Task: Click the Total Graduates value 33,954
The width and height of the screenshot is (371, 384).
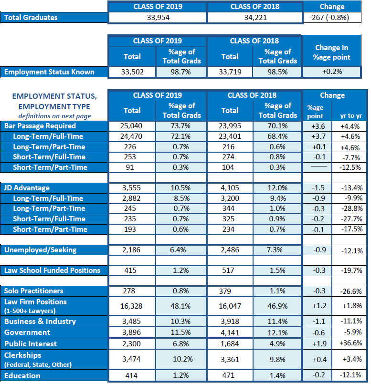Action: point(158,18)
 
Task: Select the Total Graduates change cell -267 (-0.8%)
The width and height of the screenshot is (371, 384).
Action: point(329,18)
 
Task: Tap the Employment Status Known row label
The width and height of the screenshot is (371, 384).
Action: point(49,72)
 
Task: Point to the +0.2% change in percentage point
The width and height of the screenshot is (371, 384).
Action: point(332,72)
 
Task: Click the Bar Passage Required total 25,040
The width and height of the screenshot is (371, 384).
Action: point(131,126)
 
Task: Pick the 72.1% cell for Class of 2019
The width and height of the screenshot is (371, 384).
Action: point(180,136)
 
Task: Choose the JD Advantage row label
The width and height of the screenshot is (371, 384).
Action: point(27,188)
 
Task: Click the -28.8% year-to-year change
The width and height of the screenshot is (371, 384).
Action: point(352,208)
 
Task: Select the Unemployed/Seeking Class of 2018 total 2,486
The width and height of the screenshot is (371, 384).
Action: point(230,250)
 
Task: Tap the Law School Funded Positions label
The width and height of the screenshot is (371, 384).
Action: point(52,270)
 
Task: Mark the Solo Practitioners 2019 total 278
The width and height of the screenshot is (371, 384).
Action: point(129,291)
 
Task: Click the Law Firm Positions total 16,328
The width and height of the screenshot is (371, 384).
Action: point(131,306)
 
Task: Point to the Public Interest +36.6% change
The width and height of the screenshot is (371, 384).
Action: point(350,343)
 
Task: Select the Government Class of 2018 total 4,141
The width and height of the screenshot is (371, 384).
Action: point(230,332)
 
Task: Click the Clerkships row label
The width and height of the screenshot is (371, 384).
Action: point(38,360)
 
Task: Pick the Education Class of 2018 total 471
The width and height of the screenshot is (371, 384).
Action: point(228,375)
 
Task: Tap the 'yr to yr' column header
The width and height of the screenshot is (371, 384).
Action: point(351,116)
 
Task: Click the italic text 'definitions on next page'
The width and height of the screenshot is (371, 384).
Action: point(55,116)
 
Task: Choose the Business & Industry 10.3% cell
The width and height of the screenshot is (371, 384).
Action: point(180,322)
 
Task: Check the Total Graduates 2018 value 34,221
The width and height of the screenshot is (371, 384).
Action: point(255,18)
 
